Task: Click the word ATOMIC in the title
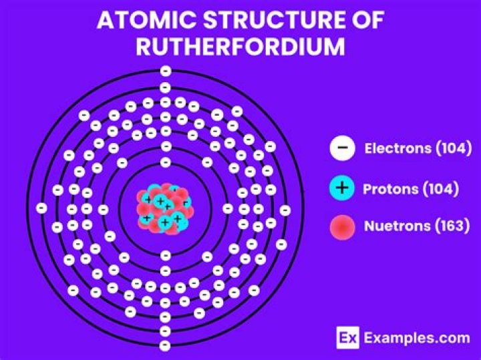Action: click(x=146, y=20)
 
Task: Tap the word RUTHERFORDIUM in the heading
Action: click(x=240, y=46)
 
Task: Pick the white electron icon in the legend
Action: click(x=342, y=148)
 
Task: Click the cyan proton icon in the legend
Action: click(x=342, y=188)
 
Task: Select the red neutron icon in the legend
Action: click(x=342, y=227)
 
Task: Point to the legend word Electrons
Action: click(x=397, y=148)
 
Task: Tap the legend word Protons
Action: click(x=391, y=189)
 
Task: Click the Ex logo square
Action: click(x=347, y=337)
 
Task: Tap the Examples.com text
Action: click(x=417, y=338)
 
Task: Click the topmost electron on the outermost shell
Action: click(x=166, y=71)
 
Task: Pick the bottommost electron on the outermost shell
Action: click(x=165, y=346)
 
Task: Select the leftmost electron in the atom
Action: click(x=41, y=208)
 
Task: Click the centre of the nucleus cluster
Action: click(x=166, y=208)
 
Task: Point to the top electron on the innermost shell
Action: click(x=166, y=162)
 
